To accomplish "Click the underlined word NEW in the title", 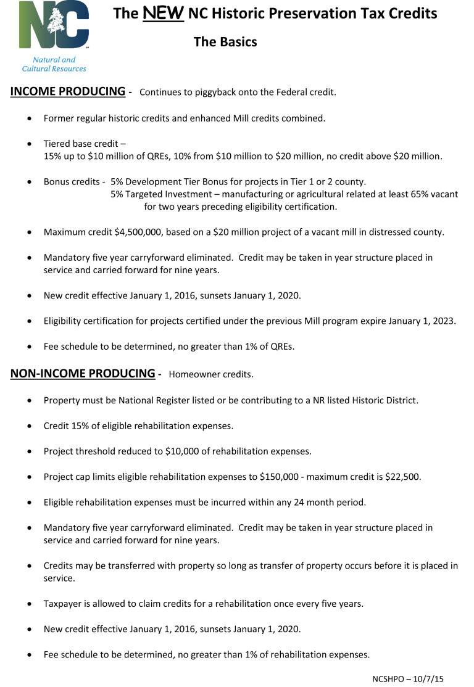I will pos(162,14).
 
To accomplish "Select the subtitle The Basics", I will pos(225,42).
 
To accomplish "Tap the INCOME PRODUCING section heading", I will pos(68,92).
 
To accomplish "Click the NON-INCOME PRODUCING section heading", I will pos(83,373).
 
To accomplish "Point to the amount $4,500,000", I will pos(141,232).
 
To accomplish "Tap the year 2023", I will pos(443,321).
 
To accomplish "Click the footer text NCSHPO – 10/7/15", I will pos(408,679).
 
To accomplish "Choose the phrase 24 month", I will pos(304,502).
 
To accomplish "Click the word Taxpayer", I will pos(64,603).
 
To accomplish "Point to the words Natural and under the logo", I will pos(54,60).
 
